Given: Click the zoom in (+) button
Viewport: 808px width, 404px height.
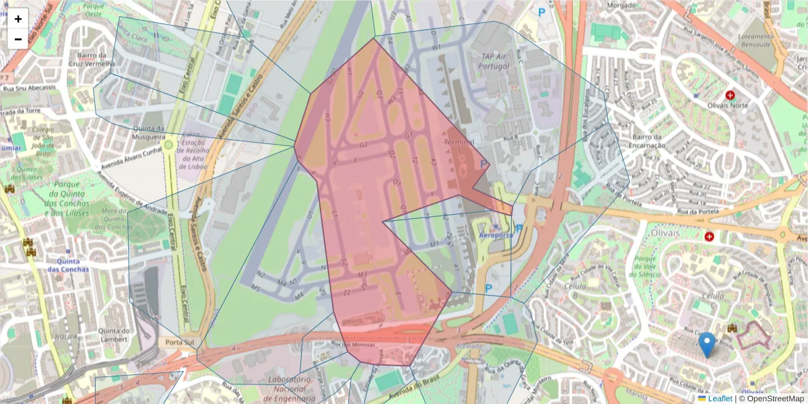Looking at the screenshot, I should coord(18,19).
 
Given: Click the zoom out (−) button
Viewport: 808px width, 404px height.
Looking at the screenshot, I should coord(18,39).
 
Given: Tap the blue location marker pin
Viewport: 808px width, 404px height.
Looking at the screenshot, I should coord(706,344).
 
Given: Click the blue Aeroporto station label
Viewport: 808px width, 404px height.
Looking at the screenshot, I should coord(496,236).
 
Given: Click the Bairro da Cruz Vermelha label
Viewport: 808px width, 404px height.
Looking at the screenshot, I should coord(93,59).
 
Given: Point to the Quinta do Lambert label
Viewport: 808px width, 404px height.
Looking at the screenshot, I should coord(113,335).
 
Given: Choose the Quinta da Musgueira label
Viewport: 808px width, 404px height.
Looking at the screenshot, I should coord(149,133).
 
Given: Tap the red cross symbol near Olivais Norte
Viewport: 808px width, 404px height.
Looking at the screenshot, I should coord(731,96).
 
